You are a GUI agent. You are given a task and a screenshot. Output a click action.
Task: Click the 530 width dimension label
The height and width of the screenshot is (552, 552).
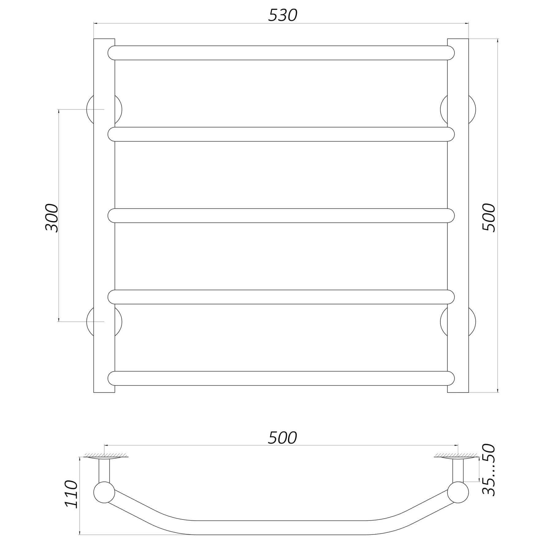tap(282, 15)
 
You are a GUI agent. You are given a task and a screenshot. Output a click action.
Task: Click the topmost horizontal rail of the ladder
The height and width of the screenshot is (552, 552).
tap(281, 53)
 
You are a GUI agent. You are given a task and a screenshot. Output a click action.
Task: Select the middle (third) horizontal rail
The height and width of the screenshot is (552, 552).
tap(281, 216)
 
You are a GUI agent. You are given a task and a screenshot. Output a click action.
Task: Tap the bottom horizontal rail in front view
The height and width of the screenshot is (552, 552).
tap(281, 378)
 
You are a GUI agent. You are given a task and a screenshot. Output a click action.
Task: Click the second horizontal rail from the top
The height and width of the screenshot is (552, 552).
tap(281, 134)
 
